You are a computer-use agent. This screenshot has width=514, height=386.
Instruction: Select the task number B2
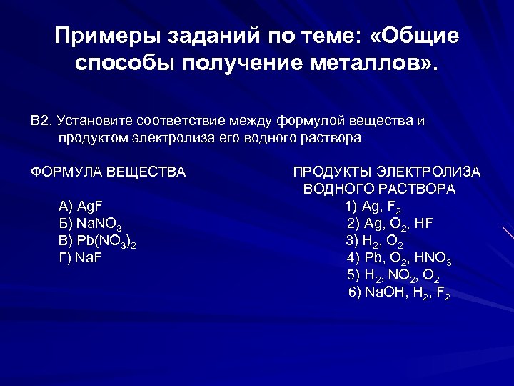[x=41, y=120]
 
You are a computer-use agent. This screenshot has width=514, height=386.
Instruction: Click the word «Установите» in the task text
[x=94, y=120]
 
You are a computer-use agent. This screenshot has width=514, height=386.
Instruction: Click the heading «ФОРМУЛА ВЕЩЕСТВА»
[x=108, y=172]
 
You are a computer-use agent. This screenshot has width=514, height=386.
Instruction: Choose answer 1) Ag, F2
[x=373, y=207]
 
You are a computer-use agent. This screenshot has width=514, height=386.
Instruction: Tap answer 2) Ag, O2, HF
[x=390, y=224]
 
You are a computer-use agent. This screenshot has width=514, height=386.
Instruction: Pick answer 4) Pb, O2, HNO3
[x=398, y=258]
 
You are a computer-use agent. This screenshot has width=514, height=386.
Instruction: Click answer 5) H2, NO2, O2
[x=393, y=275]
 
